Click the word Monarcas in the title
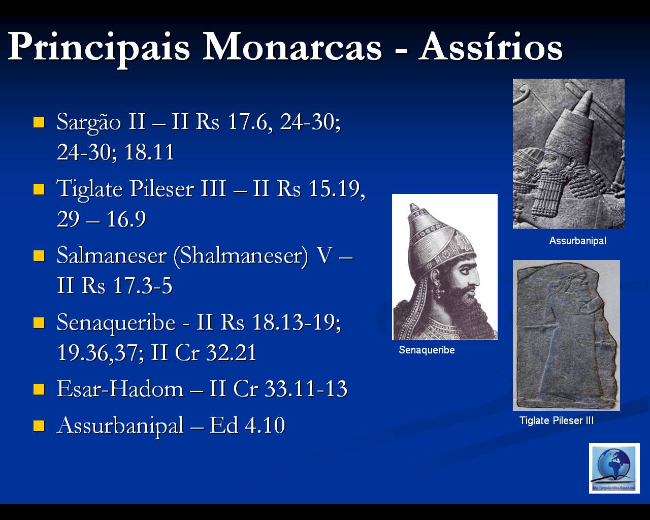tap(292, 47)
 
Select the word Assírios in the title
tap(491, 47)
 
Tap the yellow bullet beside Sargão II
tap(39, 122)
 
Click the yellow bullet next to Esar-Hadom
tap(39, 389)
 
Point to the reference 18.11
tap(149, 152)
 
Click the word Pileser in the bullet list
tap(162, 189)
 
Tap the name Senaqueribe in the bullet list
tap(116, 322)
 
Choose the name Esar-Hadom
tap(120, 389)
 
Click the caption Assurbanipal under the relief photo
tap(577, 241)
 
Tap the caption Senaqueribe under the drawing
tap(427, 350)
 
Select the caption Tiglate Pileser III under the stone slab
tap(556, 420)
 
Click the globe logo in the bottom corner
tap(614, 468)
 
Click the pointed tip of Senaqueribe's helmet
tap(412, 207)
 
